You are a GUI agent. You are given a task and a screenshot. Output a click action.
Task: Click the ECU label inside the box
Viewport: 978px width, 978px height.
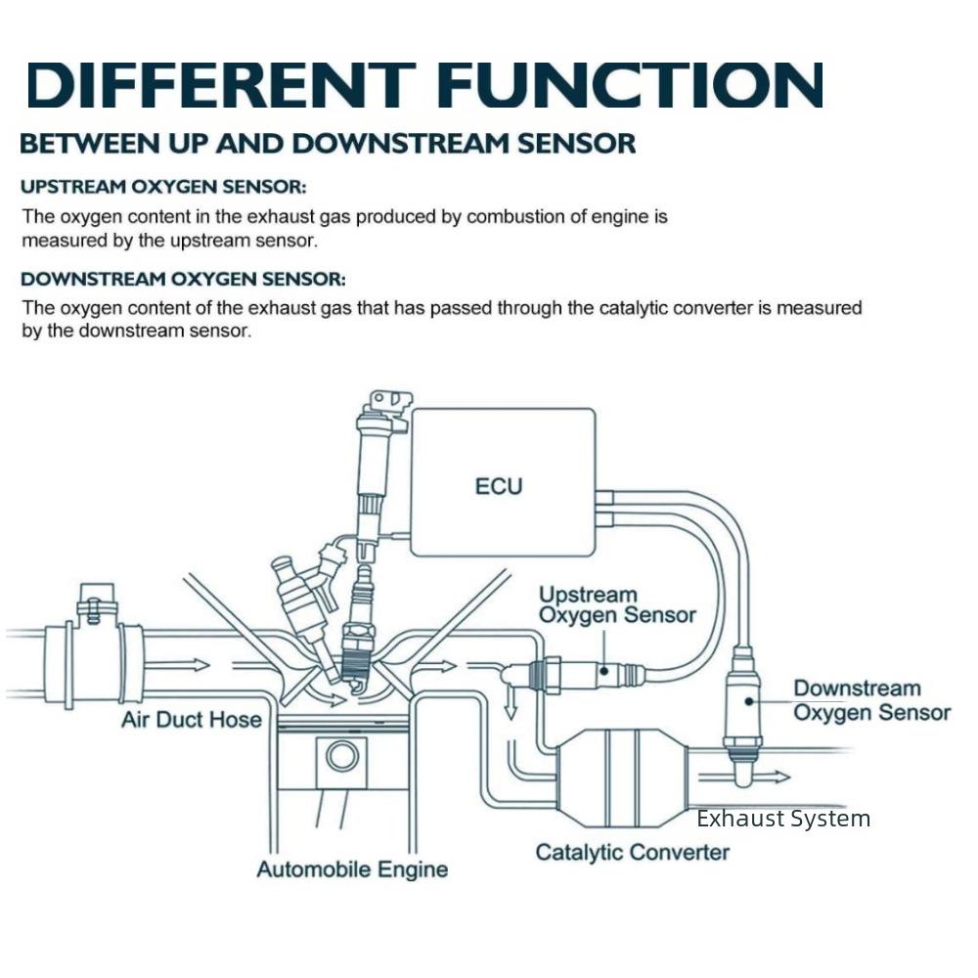click(499, 486)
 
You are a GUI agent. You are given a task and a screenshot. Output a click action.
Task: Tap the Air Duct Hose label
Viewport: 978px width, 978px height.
click(192, 720)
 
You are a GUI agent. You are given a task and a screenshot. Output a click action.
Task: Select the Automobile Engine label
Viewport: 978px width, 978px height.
click(352, 869)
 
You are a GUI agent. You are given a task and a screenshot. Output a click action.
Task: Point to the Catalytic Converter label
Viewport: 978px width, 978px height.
click(633, 852)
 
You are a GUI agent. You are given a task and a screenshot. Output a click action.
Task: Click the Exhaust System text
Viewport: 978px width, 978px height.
click(783, 819)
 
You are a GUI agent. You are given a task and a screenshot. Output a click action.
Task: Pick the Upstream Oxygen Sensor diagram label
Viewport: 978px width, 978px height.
click(617, 604)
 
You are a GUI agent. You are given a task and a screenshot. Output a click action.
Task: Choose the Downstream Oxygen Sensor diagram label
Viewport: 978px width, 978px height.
click(872, 700)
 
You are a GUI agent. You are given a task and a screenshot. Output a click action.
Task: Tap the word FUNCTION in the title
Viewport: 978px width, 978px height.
click(631, 84)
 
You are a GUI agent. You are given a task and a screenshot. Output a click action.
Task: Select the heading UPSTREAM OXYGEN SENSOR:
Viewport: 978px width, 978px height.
click(163, 187)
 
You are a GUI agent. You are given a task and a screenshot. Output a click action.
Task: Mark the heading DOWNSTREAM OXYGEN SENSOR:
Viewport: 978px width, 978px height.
click(184, 279)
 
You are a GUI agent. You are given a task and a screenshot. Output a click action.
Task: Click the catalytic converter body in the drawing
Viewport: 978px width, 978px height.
click(622, 778)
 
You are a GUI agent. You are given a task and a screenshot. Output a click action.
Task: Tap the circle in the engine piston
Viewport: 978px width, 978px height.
click(341, 756)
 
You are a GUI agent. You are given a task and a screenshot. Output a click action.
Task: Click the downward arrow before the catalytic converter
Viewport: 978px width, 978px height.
click(511, 700)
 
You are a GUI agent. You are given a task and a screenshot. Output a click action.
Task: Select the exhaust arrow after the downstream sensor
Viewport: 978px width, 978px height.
click(744, 777)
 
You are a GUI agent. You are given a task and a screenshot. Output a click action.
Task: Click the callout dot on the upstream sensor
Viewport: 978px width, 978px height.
click(603, 671)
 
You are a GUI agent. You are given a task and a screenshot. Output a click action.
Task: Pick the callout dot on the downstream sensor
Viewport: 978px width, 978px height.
click(749, 701)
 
